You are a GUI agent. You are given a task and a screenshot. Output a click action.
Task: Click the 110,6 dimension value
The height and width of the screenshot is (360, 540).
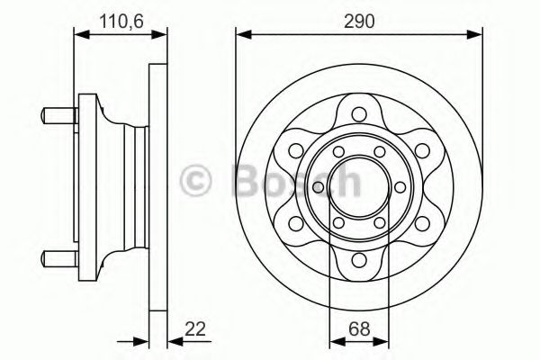point(121,22)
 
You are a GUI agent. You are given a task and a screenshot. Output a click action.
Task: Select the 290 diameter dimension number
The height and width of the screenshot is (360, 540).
point(359,22)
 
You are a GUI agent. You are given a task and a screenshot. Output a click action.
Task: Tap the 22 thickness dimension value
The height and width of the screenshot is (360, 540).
point(195,328)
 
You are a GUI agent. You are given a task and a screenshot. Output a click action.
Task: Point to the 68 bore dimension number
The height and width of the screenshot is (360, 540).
point(359,328)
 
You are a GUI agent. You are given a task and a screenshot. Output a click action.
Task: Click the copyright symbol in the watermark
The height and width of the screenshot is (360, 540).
point(196,180)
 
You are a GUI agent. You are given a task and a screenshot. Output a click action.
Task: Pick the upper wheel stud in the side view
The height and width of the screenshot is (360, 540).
point(58,116)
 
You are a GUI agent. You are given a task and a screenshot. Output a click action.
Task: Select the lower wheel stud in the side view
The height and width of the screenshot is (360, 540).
point(58,258)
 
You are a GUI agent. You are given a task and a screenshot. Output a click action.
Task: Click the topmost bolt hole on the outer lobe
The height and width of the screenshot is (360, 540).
point(359,114)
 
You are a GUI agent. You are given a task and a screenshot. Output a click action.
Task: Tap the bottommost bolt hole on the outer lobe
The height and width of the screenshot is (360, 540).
point(359,260)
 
